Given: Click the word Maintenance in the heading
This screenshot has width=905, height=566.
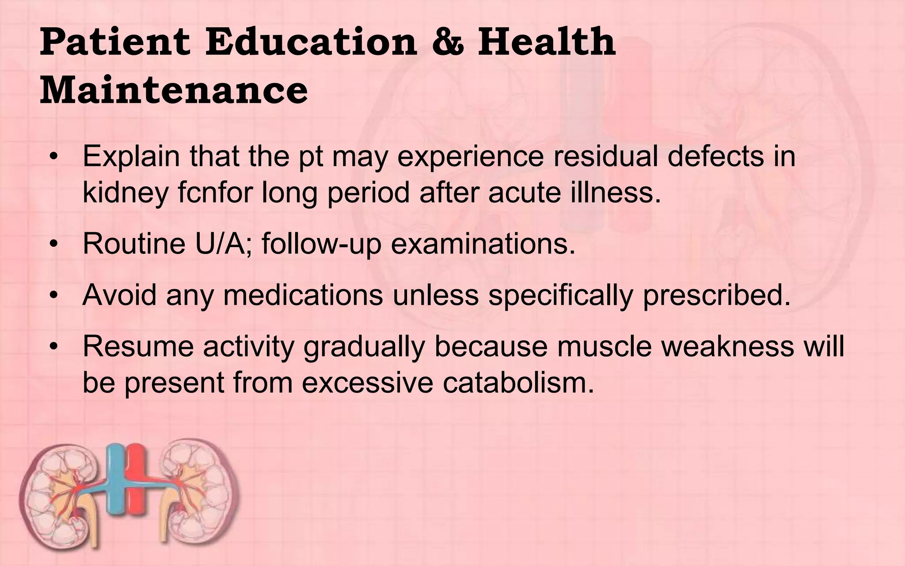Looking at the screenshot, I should point(174,90).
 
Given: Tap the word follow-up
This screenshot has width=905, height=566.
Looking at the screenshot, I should point(321,244).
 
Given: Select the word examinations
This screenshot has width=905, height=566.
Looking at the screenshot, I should point(483,244).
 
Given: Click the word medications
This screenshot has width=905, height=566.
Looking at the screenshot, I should point(303,295).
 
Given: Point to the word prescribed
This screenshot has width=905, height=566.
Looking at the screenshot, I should point(716,295).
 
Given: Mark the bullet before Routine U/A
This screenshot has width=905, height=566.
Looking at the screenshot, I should point(53,245).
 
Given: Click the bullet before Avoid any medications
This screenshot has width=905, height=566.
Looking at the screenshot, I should point(53,296).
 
